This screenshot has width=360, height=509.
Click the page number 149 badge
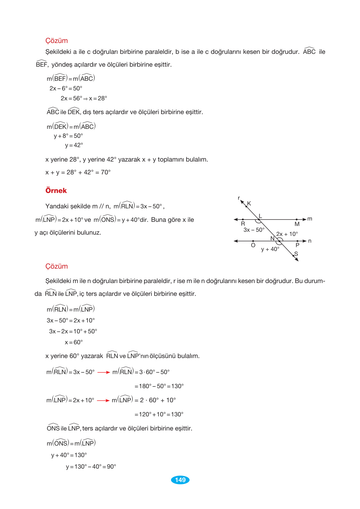180,480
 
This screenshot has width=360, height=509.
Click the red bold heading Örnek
56,190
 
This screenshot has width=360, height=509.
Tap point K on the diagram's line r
246,206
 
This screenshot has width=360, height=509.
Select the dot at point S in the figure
293,256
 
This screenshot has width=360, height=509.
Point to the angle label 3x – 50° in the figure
254,230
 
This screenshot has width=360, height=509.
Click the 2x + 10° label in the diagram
287,234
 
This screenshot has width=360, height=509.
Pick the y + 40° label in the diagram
270,249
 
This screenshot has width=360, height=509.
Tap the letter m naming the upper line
310,219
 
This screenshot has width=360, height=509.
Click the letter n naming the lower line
310,241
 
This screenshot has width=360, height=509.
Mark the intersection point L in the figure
259,220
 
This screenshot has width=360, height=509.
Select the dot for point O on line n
253,241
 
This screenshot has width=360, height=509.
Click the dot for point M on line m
297,220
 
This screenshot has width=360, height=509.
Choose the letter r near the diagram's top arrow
239,198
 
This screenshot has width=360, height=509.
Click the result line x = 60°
74,342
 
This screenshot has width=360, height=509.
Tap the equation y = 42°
74,145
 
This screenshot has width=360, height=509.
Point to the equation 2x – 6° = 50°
66,88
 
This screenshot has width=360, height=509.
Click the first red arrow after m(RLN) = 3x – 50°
104,372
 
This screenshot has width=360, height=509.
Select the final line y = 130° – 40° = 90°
91,467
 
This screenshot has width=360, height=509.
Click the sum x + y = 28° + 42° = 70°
78,172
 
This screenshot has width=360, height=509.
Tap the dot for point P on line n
297,241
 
